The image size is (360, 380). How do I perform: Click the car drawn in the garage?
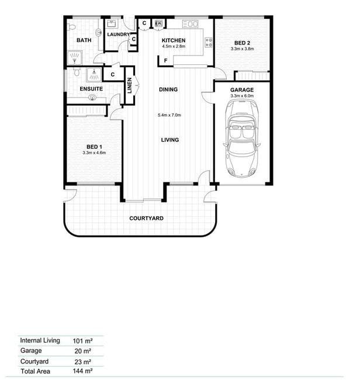(242, 139)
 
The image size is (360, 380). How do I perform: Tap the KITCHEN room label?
(174, 40)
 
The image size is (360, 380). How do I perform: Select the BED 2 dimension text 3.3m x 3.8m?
(243, 49)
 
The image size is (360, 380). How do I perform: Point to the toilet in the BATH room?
(71, 27)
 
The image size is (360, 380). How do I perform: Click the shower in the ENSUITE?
(94, 74)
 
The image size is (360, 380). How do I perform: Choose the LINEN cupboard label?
(130, 85)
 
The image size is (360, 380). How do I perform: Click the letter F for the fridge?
(166, 61)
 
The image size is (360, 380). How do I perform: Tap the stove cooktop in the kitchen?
(209, 43)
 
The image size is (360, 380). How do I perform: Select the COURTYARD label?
(146, 218)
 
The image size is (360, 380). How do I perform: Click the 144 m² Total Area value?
(82, 371)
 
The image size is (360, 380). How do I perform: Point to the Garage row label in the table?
(31, 351)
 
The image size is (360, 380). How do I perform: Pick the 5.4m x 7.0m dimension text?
(169, 115)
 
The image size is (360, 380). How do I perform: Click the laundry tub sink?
(112, 24)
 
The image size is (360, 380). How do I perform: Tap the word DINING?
(168, 89)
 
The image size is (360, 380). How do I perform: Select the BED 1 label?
(94, 147)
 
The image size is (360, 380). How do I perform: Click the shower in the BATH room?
(74, 58)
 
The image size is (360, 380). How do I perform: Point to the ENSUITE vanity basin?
(92, 98)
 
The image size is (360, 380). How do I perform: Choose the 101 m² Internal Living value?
(82, 341)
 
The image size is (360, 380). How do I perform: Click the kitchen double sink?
(190, 24)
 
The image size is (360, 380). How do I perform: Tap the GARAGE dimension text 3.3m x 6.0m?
(242, 96)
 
